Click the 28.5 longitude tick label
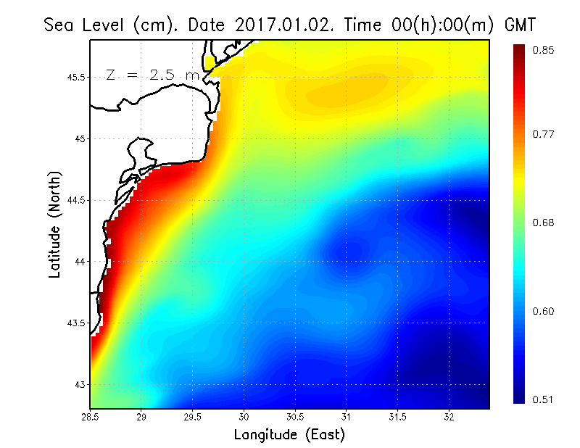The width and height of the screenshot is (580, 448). pos(91,417)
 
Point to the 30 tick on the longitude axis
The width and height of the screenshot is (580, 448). pos(244,417)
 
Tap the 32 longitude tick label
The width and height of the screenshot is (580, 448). pos(449,417)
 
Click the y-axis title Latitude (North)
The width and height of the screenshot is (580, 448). pos(54,225)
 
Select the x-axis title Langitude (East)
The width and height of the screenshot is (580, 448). pos(289,434)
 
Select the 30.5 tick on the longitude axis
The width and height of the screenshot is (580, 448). pos(296,417)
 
